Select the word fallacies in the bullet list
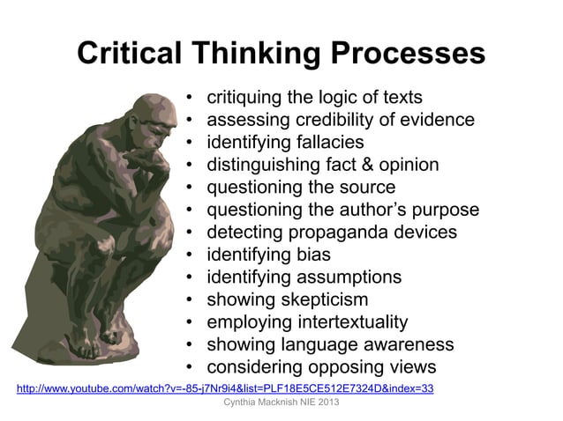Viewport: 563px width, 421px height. tap(323, 142)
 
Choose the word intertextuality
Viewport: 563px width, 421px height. tap(345, 322)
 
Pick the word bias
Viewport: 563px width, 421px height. tap(312, 255)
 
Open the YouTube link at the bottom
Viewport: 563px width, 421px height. tap(225, 388)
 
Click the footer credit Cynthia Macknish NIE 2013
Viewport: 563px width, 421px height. tap(281, 403)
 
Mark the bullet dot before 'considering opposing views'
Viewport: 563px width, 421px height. tap(191, 367)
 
